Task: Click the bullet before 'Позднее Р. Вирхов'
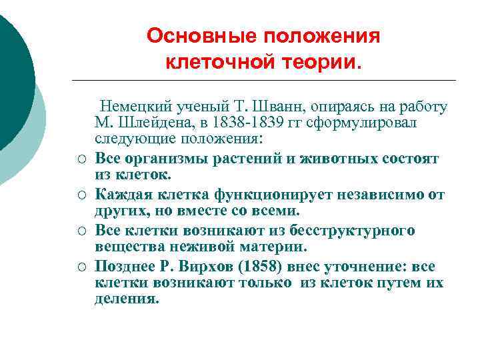[x=79, y=267]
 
